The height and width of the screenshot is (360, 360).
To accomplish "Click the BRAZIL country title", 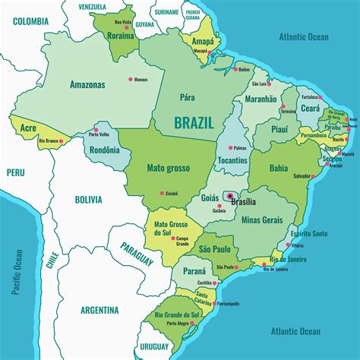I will click(194, 122).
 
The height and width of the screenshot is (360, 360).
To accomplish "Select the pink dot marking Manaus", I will click(131, 78).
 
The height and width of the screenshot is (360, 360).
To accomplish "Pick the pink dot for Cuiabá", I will click(162, 192).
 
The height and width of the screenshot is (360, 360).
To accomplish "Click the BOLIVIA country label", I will click(87, 200).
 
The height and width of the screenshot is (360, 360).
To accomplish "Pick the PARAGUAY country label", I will click(136, 253).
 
